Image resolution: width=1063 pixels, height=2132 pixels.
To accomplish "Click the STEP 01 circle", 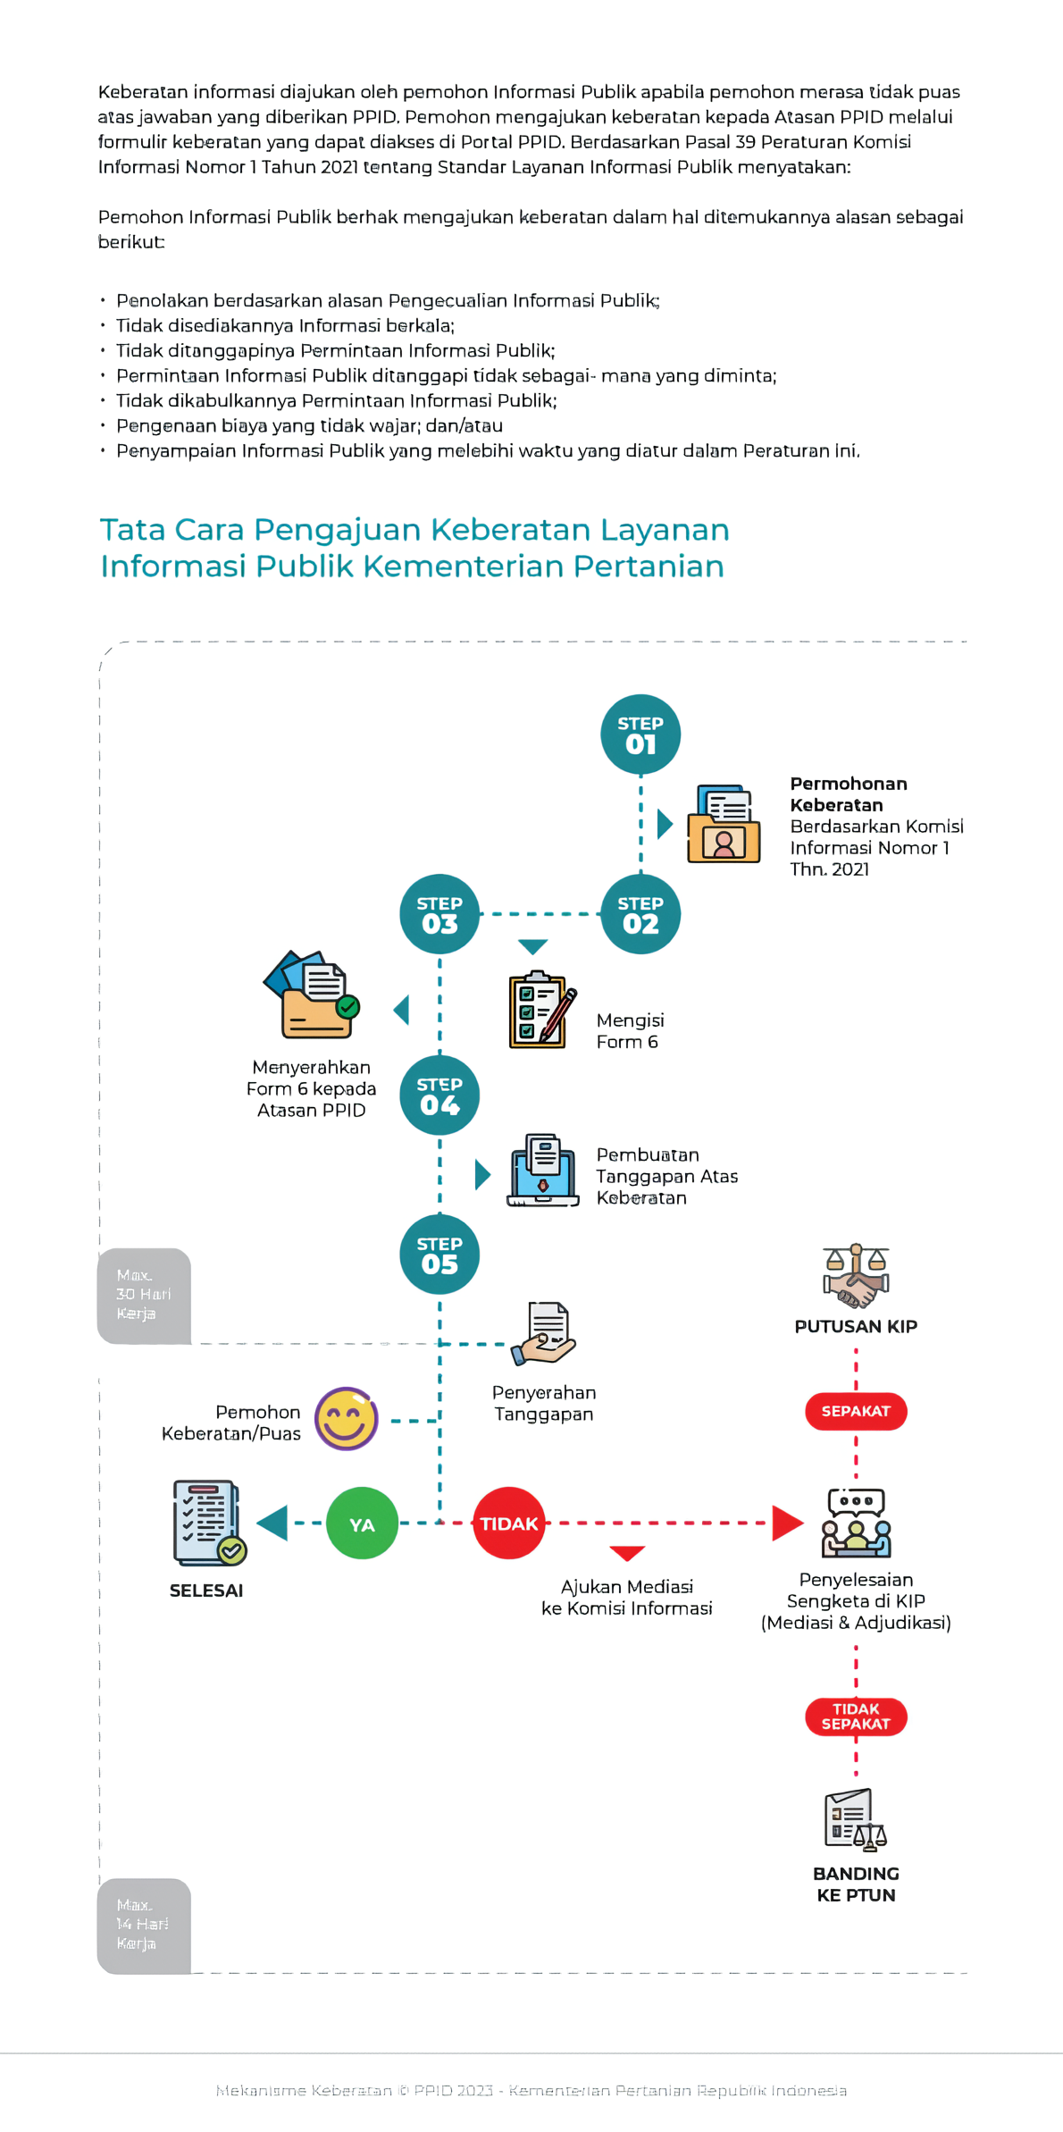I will click(640, 734).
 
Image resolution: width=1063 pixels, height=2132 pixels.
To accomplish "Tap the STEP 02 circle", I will click(640, 914).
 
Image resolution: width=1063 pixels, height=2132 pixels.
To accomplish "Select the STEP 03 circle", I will click(439, 914).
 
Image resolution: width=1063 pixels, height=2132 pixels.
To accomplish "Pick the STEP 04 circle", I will click(439, 1095).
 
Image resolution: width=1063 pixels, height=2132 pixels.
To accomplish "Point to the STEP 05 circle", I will click(439, 1254).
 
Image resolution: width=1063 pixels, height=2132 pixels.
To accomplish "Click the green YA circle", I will click(362, 1523).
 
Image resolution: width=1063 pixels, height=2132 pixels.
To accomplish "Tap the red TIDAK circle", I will click(508, 1523).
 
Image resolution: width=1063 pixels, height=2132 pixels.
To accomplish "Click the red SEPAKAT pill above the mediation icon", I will click(856, 1411).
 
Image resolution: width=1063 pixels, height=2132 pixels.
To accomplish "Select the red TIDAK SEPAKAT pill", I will click(856, 1716).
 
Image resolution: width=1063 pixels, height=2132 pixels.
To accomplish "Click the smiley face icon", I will click(347, 1418).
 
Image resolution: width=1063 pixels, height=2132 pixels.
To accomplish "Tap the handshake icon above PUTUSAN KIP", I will click(856, 1276).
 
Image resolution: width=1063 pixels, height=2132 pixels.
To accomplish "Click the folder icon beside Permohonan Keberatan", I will click(724, 824).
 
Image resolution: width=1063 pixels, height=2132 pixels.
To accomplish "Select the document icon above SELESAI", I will click(208, 1523).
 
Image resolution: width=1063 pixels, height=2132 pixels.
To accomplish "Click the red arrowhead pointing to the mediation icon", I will click(786, 1523).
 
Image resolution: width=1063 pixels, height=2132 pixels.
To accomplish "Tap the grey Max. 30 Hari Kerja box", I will click(144, 1295).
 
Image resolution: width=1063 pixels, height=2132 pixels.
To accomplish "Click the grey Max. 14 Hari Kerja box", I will click(144, 1925).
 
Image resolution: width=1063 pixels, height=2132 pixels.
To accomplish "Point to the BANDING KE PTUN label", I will click(856, 1884).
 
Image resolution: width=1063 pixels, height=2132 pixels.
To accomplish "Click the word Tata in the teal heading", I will click(133, 530).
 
